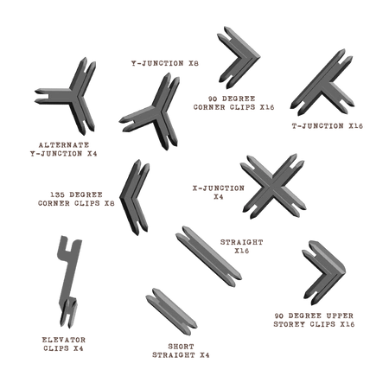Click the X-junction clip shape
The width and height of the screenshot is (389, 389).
[x=272, y=187]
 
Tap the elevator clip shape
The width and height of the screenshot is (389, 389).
[x=69, y=277]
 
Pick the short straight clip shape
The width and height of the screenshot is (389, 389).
[x=171, y=311]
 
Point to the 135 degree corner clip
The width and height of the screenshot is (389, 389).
[x=126, y=198]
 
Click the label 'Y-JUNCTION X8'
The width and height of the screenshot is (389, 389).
[x=165, y=63]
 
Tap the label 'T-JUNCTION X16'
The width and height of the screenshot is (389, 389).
[x=327, y=126]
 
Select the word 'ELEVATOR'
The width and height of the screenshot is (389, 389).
[x=64, y=340]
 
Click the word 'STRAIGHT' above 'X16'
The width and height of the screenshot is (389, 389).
[x=242, y=242]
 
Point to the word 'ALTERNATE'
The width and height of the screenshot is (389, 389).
[x=64, y=145]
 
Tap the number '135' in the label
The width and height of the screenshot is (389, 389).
[x=57, y=194]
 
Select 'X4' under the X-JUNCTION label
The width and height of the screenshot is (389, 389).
[x=219, y=197]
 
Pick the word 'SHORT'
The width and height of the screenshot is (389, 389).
[x=181, y=347]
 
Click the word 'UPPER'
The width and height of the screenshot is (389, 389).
[x=340, y=316]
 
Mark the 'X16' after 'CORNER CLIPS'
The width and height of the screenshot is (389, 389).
[x=267, y=107]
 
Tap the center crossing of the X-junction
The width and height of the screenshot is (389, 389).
[x=271, y=188]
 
